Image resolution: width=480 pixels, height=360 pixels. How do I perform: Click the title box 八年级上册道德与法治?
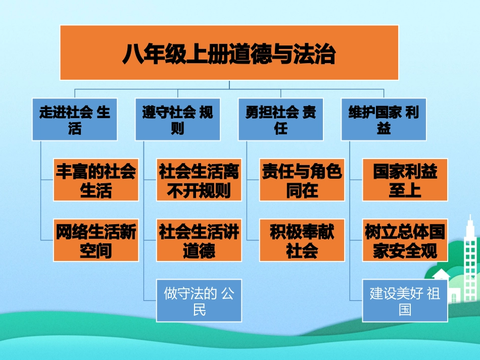(229, 53)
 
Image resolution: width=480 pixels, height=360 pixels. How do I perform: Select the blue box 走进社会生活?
(74, 119)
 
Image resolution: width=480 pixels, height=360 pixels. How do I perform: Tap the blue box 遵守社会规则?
(177, 119)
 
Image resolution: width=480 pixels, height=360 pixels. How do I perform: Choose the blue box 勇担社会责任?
(280, 119)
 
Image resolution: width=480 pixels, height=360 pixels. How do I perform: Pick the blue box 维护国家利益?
(383, 119)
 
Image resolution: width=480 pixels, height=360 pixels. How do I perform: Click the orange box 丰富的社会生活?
(96, 180)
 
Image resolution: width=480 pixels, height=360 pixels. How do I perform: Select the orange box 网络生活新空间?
(96, 240)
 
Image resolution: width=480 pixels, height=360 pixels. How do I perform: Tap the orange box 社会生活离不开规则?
(199, 180)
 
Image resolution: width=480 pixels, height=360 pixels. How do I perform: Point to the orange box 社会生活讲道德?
(199, 240)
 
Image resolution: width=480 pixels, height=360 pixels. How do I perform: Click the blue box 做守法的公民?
(199, 300)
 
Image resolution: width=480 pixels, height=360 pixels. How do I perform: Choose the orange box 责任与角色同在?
(302, 180)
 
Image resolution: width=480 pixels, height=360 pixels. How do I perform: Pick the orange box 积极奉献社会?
(302, 240)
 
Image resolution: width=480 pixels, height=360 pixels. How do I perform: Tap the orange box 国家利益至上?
(405, 180)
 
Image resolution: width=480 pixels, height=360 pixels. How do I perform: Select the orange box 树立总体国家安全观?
(405, 240)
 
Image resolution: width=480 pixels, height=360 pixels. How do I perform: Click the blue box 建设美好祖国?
(405, 300)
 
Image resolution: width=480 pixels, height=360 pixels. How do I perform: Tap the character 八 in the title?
(132, 54)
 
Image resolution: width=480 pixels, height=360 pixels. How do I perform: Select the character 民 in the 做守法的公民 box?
(199, 308)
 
